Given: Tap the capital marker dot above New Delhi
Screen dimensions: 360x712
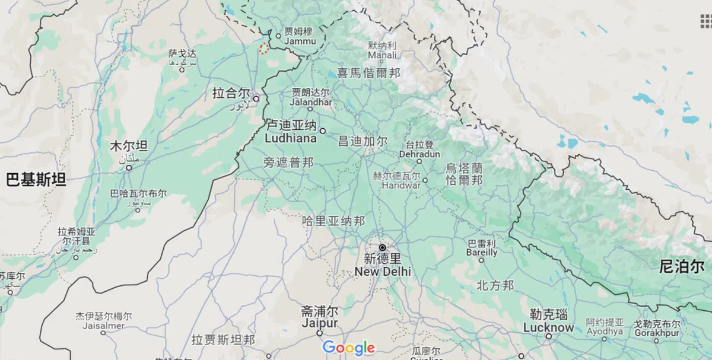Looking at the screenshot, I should pos(383,247).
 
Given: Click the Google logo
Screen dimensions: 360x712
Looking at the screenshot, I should pos(349,348).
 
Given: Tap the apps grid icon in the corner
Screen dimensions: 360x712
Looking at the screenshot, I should pos(705,21).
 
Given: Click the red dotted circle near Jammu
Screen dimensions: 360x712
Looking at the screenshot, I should pos(264,48).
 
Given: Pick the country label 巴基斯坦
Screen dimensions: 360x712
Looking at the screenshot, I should pos(36,180).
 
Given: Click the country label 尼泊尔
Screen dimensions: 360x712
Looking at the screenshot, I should pos(681,266).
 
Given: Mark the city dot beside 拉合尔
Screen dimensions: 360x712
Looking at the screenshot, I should pos(256,98).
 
